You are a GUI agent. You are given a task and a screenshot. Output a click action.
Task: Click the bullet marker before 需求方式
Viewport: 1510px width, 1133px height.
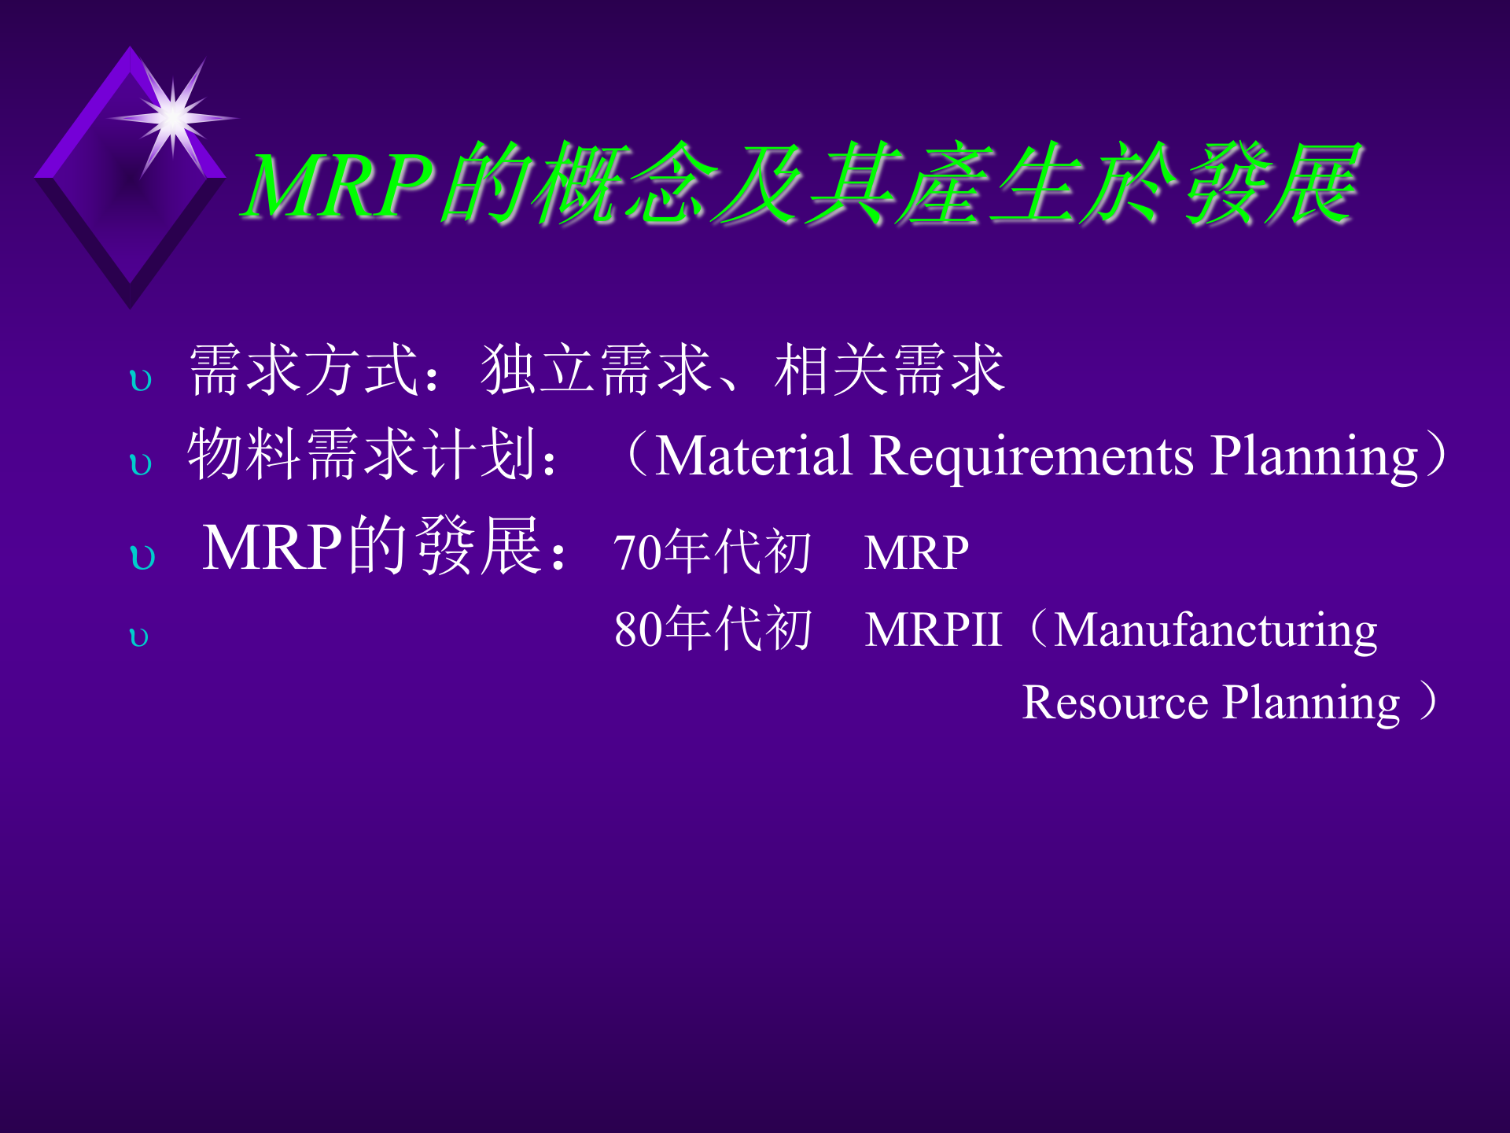(141, 381)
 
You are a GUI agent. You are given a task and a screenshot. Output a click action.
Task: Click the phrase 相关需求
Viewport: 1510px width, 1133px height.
(889, 369)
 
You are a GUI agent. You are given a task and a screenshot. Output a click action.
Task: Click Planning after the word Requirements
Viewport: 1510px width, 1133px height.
(1313, 457)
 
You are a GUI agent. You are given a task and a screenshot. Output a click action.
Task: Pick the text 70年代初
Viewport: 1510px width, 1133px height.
(712, 552)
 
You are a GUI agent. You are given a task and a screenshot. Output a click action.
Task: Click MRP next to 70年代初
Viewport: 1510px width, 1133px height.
(916, 552)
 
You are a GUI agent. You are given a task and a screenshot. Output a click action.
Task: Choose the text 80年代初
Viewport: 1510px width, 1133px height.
(712, 629)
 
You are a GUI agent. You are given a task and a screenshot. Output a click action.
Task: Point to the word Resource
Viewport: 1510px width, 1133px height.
(1114, 702)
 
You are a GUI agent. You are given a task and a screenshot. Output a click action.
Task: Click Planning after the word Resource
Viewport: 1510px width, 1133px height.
(1311, 703)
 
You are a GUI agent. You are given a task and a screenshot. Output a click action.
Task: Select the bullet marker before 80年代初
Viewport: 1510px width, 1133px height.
(138, 637)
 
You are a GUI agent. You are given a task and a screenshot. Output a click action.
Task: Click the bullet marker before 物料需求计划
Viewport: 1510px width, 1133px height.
(141, 464)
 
